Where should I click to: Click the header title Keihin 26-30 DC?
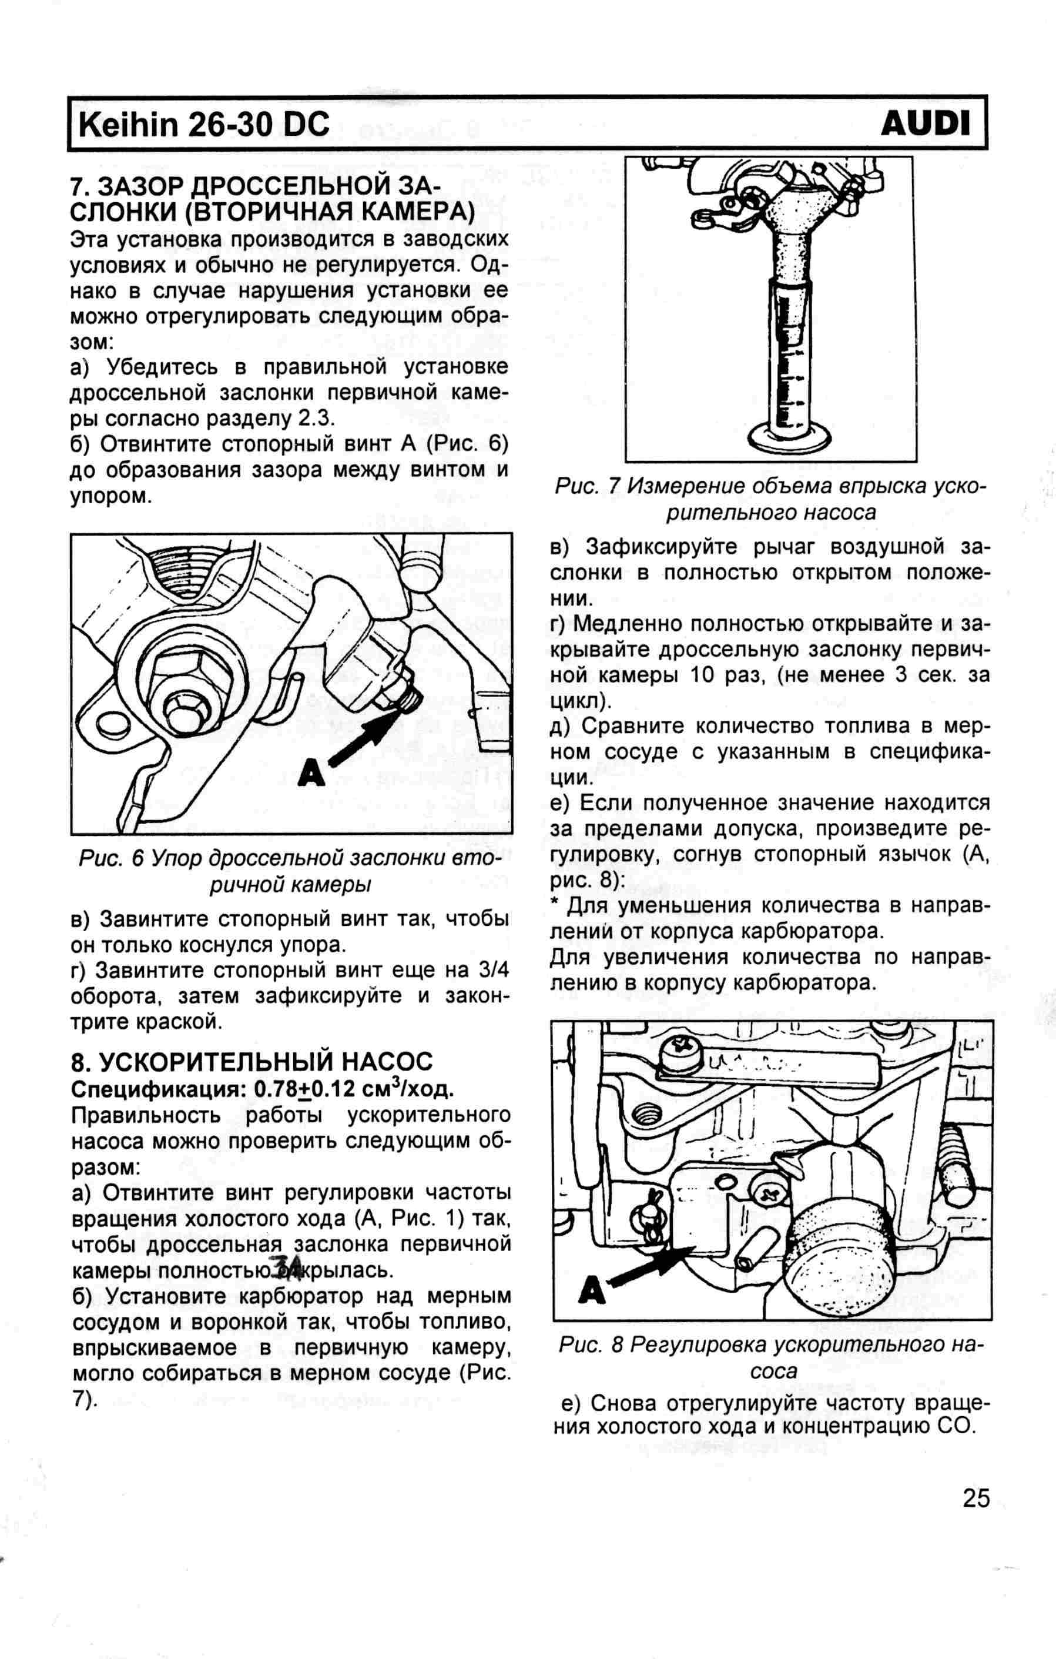[x=205, y=125]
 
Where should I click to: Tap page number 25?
[x=975, y=1498]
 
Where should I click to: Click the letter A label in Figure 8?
[x=592, y=1290]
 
